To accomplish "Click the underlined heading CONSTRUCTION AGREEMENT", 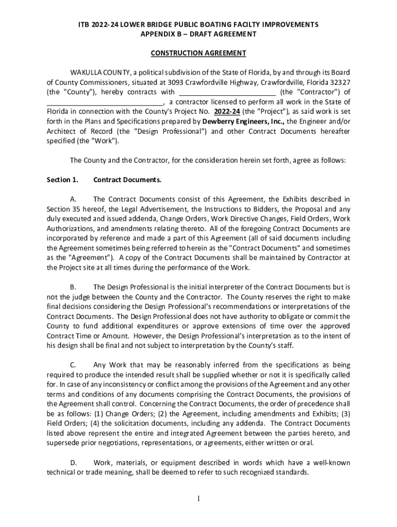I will coord(198,53).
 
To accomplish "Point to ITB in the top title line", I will coord(84,25).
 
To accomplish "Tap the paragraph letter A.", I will coord(73,199).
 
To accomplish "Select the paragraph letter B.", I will coord(73,287).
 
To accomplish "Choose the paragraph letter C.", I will coord(73,365).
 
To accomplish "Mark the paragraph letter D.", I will coord(73,463).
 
